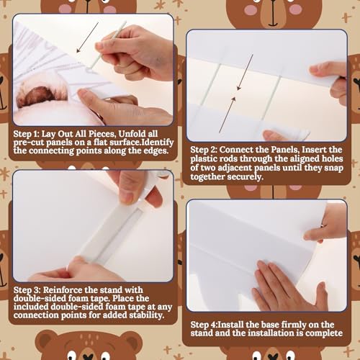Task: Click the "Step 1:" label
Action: [x=26, y=134]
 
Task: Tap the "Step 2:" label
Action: [x=204, y=150]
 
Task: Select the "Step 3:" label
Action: [x=27, y=290]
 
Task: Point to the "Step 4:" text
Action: [x=204, y=325]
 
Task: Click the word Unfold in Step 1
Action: [x=132, y=134]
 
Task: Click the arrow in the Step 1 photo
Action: [x=88, y=37]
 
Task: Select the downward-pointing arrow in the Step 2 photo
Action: [x=245, y=72]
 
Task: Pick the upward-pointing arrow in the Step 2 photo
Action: [x=228, y=114]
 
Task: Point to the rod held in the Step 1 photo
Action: [x=107, y=45]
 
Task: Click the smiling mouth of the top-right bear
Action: [x=273, y=24]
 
